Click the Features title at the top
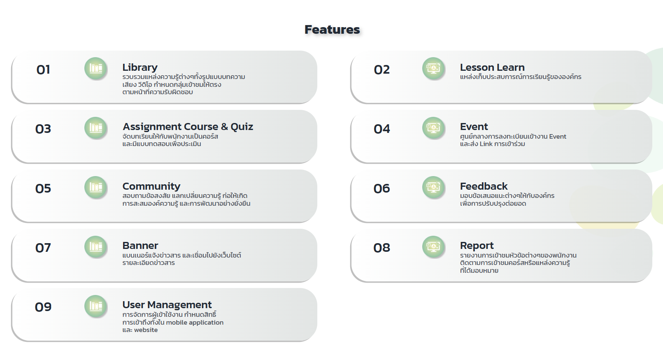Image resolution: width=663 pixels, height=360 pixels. tap(332, 30)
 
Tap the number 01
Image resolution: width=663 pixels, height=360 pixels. tap(43, 70)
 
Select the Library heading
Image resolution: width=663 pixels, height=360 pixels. tap(140, 67)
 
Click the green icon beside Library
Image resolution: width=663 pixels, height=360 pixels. tap(96, 68)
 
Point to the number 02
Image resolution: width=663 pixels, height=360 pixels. tap(382, 70)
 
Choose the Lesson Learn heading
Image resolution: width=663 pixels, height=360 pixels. tap(492, 67)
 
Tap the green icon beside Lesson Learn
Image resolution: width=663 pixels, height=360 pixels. tap(433, 68)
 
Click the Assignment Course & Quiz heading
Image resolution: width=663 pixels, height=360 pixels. tap(188, 127)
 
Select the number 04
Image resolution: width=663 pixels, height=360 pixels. tap(382, 129)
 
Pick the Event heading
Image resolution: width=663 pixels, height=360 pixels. tap(474, 127)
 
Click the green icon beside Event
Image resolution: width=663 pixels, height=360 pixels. tap(433, 128)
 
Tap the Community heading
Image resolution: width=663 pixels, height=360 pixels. tap(151, 186)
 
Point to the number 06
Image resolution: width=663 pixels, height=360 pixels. tap(382, 188)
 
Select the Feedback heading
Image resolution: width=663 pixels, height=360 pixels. tap(484, 186)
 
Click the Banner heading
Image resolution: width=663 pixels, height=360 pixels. tap(140, 246)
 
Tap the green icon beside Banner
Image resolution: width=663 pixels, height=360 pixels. tap(96, 247)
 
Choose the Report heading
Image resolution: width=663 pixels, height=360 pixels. tap(477, 246)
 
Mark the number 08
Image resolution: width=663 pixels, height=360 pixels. tap(382, 248)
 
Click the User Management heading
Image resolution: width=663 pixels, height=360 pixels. tap(167, 305)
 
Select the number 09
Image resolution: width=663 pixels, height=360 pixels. tap(43, 307)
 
